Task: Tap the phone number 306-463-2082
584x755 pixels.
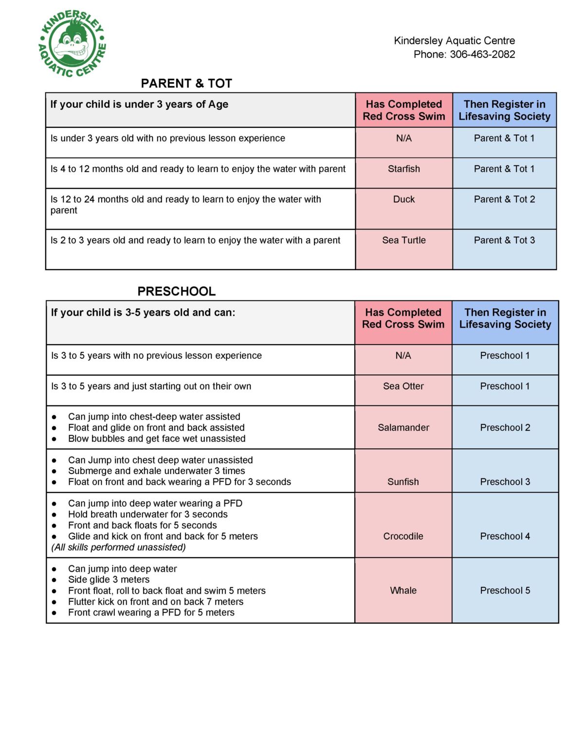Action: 482,54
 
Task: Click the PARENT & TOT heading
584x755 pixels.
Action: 186,84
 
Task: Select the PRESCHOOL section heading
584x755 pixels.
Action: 176,291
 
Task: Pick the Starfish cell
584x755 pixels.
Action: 403,169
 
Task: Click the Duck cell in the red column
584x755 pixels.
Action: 403,199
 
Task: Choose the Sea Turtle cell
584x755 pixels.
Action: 403,240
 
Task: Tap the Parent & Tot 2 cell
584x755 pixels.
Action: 504,199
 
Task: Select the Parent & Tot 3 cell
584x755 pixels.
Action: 504,240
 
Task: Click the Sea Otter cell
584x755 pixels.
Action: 403,386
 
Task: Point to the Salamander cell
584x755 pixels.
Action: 403,428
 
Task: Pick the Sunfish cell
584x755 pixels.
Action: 403,482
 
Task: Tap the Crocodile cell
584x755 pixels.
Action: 403,536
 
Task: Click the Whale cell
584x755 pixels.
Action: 403,591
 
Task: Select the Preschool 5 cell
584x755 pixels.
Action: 505,591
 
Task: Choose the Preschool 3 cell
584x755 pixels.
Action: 505,482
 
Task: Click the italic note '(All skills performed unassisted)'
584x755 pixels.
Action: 118,547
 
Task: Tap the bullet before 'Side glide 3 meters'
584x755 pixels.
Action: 55,580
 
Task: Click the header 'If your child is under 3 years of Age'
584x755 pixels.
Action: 139,105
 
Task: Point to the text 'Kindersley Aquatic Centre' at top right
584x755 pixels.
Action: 454,41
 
